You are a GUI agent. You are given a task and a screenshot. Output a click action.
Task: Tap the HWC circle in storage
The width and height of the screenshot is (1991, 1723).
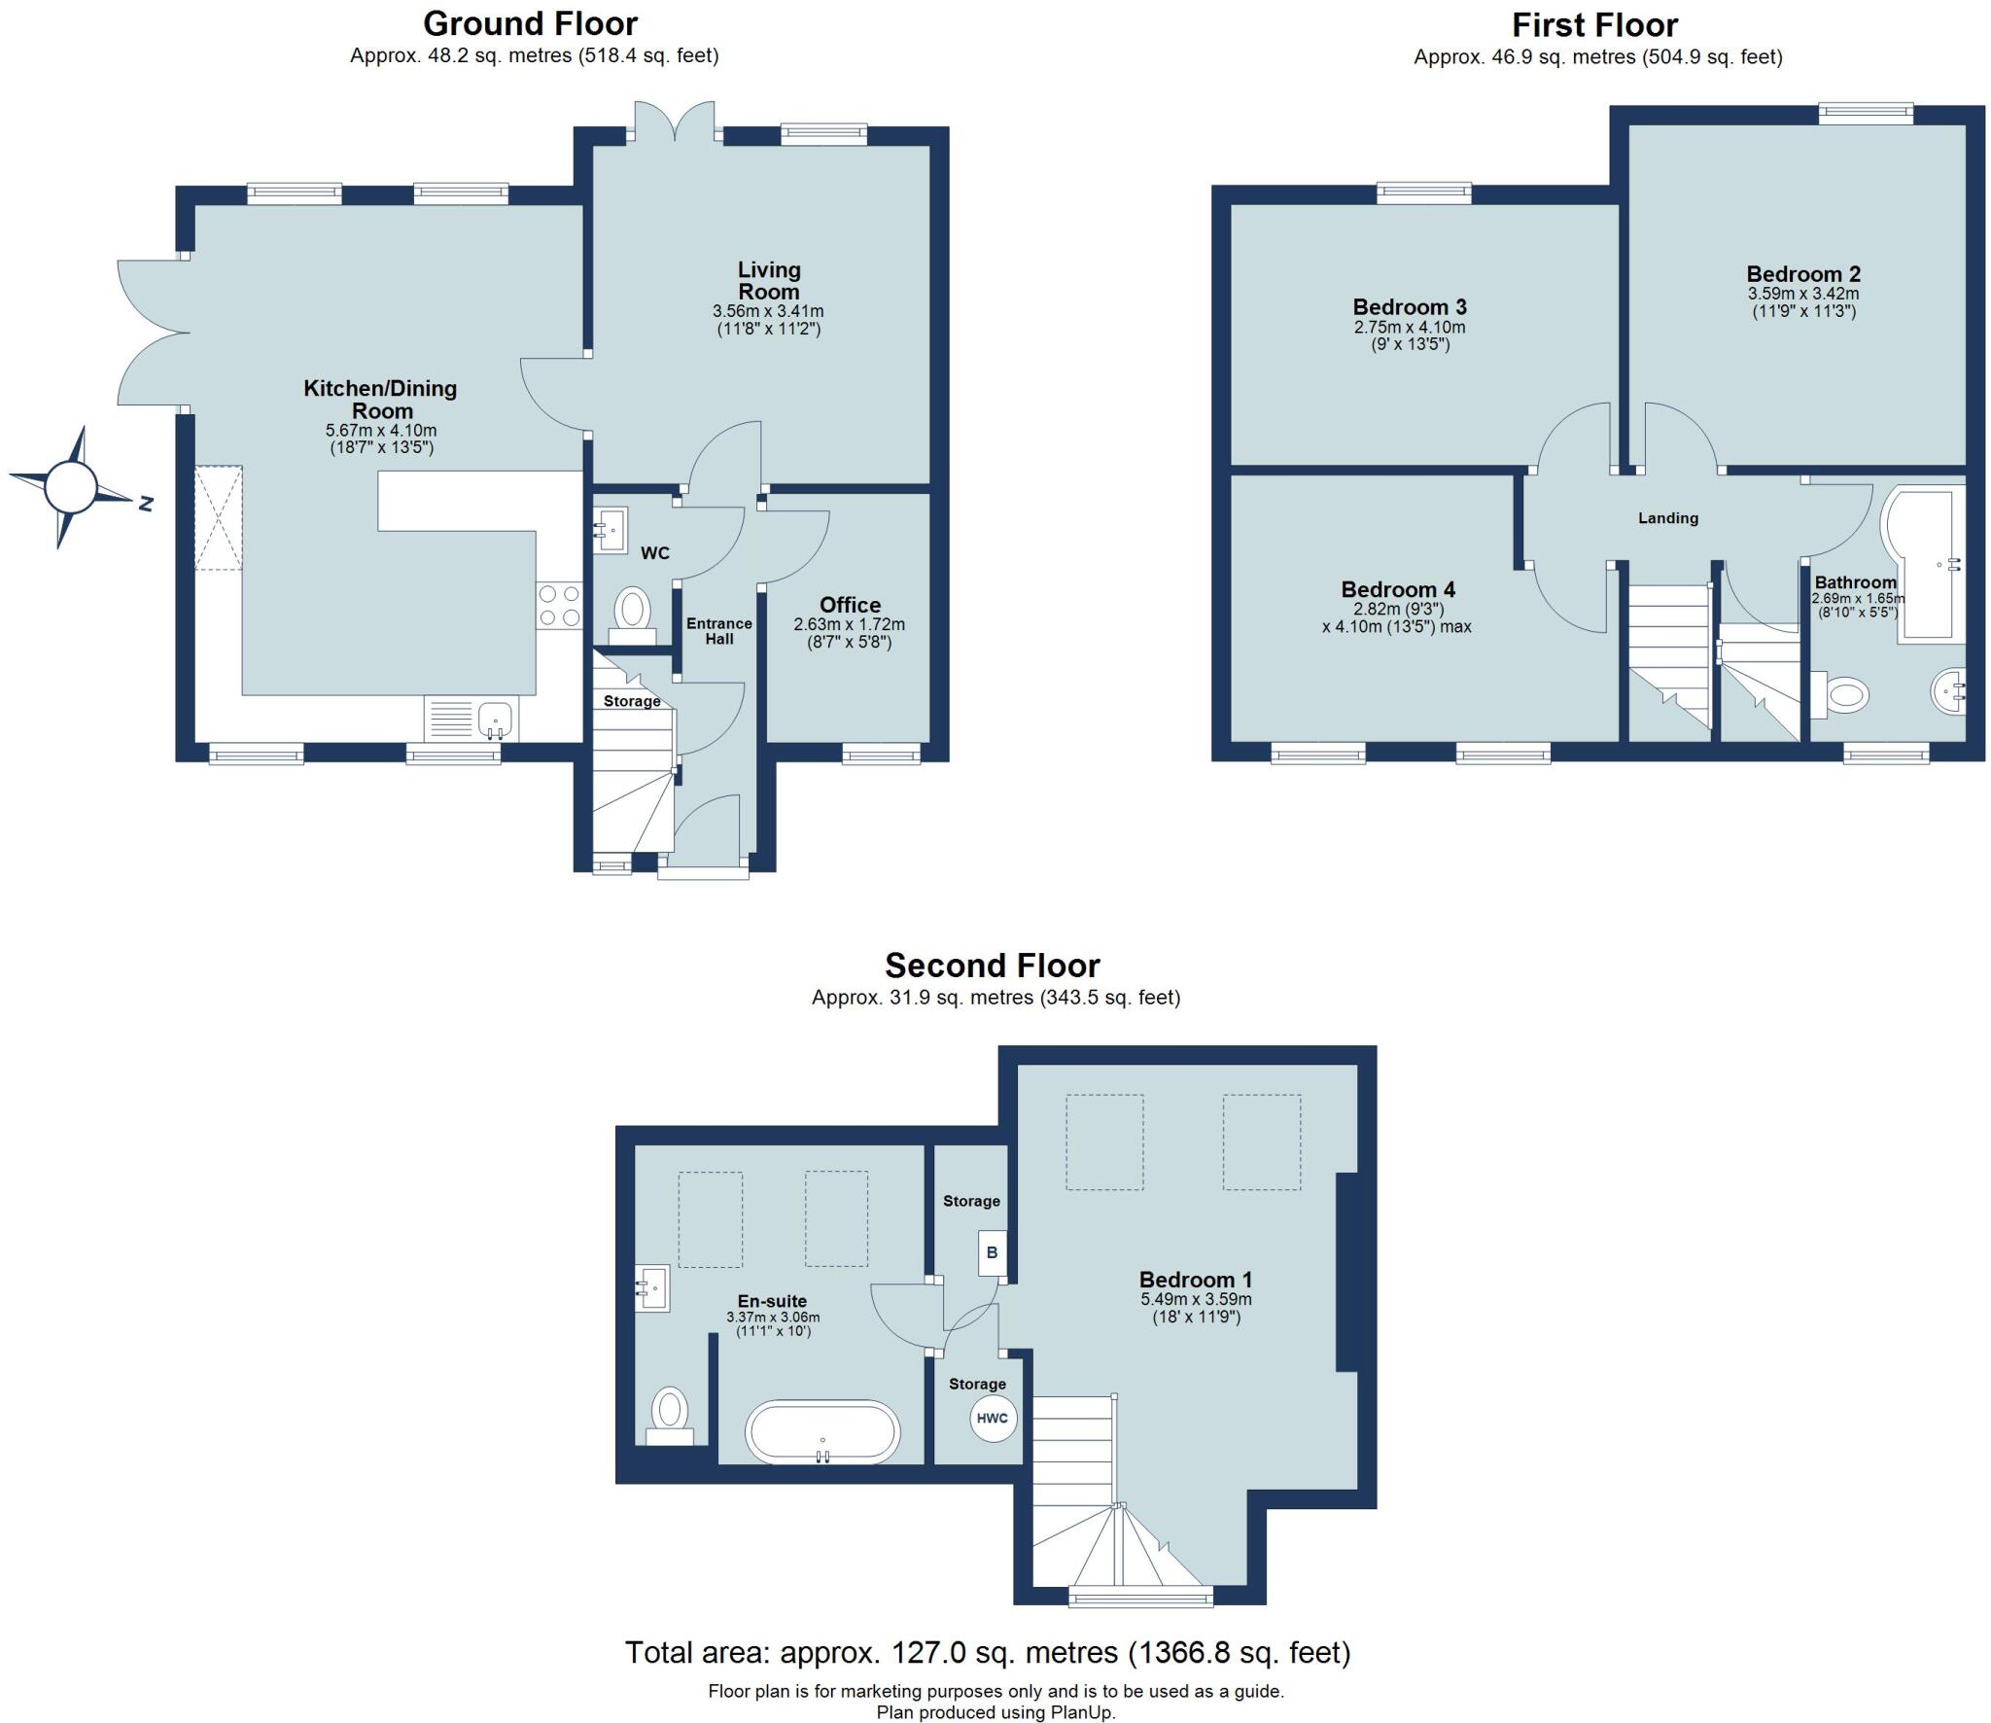992,1418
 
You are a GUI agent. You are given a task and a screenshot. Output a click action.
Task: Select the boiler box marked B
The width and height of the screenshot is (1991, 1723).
992,1252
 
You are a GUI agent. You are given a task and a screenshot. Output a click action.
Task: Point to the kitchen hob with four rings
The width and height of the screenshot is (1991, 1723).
559,605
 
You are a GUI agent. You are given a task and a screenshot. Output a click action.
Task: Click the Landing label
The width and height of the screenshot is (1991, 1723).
1667,518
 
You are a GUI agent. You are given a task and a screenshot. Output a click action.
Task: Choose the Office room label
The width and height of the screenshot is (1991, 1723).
850,605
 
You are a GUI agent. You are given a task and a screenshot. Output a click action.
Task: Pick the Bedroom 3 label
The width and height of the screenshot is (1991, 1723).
1409,307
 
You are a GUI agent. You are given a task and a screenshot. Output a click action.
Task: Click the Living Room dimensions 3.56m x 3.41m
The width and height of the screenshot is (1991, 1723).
768,311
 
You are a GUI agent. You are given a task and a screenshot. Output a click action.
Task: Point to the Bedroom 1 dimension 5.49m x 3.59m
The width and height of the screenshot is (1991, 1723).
1196,1299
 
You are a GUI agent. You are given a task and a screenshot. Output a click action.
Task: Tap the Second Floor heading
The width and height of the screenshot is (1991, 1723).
992,966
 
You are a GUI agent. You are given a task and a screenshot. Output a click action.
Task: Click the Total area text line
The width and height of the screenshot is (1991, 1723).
987,1652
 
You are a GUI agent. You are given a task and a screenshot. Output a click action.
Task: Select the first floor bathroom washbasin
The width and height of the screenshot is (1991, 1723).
1947,692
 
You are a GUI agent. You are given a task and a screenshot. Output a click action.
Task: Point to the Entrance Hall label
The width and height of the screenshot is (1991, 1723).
719,631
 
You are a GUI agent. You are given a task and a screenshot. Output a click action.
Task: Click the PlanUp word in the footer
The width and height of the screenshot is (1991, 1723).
1082,1712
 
